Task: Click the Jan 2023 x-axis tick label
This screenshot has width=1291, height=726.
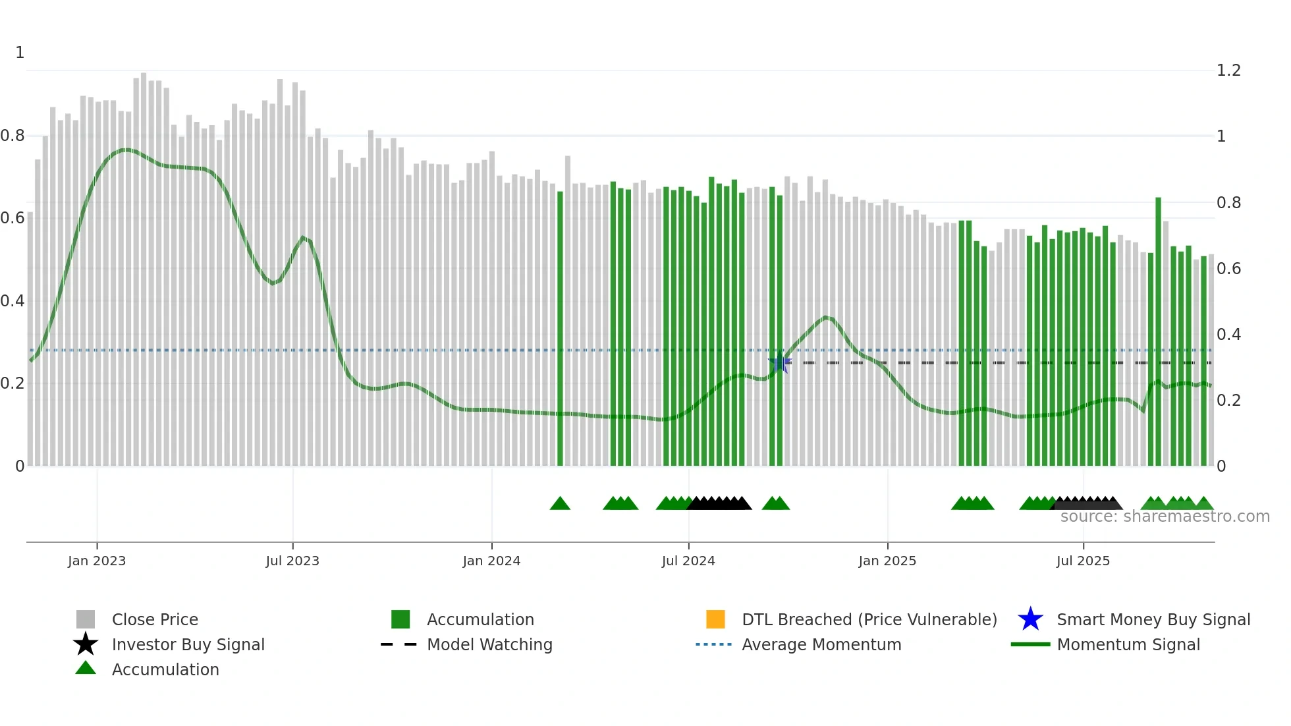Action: pos(96,561)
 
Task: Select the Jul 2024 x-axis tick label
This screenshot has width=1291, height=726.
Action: pos(688,561)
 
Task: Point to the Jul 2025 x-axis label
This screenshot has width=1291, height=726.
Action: pos(1083,561)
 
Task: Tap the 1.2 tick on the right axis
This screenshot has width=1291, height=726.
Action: pos(1228,70)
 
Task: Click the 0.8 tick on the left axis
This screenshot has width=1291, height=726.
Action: pos(13,136)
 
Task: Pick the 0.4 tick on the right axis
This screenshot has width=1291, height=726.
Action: pos(1228,335)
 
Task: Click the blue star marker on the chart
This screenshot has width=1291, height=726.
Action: pos(780,362)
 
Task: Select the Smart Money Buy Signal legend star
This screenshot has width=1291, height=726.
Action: pos(1030,619)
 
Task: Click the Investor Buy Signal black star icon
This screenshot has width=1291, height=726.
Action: pos(86,644)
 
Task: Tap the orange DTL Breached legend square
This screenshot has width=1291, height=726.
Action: pos(715,619)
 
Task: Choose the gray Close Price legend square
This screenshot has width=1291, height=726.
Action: pos(86,619)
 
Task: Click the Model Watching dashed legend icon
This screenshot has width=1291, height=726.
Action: pos(398,644)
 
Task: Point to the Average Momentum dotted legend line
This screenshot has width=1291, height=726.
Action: pos(713,644)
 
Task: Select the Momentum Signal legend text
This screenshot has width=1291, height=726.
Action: pos(1128,644)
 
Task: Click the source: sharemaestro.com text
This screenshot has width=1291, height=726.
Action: pos(1165,517)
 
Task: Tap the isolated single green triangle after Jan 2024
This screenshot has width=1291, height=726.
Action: pos(560,504)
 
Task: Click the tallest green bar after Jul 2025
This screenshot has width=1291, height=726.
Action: pos(1158,329)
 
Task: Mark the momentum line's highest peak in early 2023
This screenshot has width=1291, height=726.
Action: pos(126,150)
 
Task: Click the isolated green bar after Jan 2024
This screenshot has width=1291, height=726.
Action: pos(560,329)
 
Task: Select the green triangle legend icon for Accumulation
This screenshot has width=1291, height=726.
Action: pos(86,668)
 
